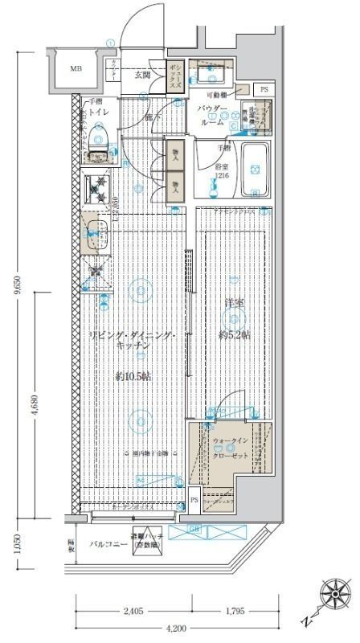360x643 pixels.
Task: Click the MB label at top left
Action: [x=76, y=69]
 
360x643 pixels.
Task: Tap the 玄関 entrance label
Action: [x=142, y=75]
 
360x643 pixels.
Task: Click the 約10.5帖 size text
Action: [x=133, y=376]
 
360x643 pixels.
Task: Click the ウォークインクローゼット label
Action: [x=231, y=448]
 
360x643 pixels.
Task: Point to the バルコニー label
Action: [x=104, y=544]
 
